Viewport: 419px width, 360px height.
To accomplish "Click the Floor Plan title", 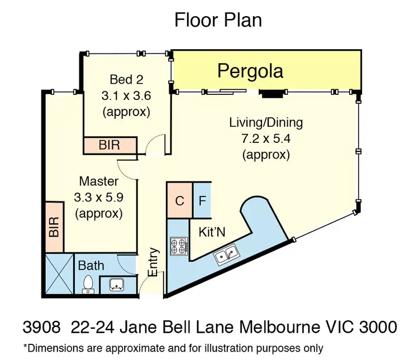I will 218,20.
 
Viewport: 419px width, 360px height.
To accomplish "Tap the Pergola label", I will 250,71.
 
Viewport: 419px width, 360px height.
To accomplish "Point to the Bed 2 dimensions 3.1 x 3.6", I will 126,95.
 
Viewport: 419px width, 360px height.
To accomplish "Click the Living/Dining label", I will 266,122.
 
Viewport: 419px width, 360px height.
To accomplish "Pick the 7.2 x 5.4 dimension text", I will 266,138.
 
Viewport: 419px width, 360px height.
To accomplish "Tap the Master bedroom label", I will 98,181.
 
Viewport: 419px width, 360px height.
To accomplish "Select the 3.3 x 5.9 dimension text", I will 98,197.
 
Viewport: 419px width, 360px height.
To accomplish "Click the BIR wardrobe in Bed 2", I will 109,146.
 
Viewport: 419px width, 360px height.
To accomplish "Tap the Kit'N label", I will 212,232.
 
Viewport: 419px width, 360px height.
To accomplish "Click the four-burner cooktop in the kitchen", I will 179,246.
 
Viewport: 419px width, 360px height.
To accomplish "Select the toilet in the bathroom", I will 88,284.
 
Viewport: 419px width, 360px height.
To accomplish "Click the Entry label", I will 153,262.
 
